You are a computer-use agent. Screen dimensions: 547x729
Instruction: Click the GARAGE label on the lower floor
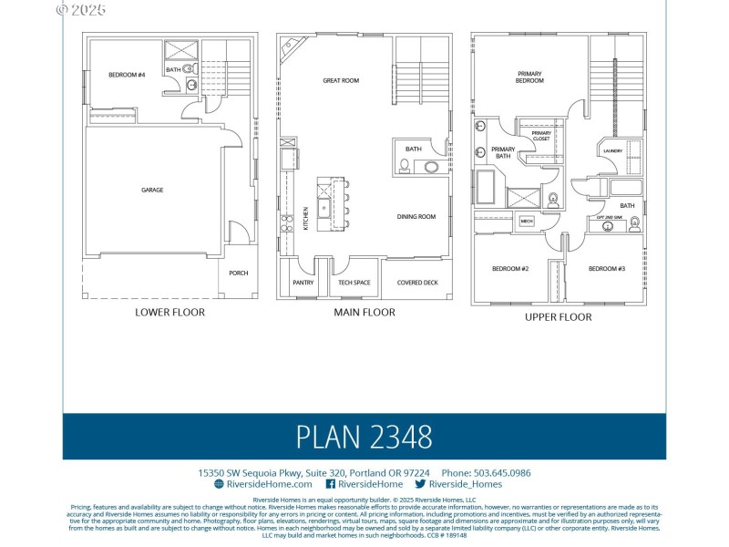(152, 191)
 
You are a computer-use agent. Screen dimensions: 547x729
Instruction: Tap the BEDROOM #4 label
(127, 75)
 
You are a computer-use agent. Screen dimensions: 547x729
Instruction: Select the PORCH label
(238, 273)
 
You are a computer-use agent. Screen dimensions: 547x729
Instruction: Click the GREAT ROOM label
(341, 81)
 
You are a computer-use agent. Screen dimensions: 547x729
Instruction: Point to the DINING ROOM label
(416, 217)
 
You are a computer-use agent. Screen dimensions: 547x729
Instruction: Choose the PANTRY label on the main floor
(303, 283)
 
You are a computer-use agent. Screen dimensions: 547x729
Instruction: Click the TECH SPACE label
(354, 283)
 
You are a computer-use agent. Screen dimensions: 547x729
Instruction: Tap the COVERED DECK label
(417, 283)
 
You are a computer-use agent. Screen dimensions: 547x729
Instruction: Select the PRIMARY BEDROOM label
(530, 77)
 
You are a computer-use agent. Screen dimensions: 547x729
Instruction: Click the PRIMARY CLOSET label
(541, 136)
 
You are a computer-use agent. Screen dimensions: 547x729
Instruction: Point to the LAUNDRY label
(612, 151)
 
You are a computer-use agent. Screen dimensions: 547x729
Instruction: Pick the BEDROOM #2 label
(510, 269)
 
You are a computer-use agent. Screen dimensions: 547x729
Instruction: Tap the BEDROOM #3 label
(606, 269)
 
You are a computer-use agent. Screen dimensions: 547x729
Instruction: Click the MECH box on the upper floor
(527, 221)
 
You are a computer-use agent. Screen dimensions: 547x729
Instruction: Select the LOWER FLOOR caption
(170, 313)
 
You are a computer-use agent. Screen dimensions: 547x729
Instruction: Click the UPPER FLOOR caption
(558, 317)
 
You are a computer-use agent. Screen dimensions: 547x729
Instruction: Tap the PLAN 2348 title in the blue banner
(364, 437)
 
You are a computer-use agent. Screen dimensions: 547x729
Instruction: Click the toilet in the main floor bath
(404, 165)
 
